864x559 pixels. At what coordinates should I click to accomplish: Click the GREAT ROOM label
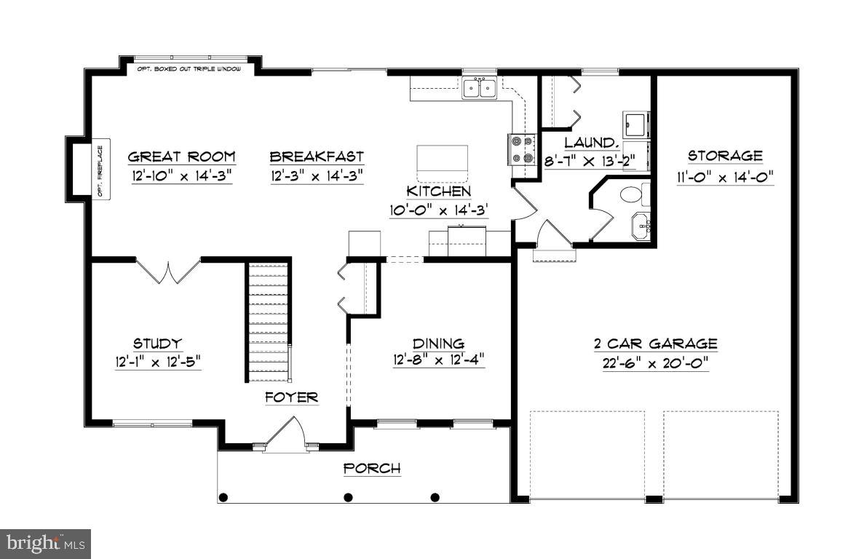tap(182, 157)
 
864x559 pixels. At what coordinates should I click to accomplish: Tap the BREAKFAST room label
tap(317, 157)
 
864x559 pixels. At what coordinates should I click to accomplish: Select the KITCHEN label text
tap(439, 191)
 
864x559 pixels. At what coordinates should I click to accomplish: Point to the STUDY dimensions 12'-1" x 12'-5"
tap(158, 362)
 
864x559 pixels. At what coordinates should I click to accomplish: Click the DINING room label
tap(439, 344)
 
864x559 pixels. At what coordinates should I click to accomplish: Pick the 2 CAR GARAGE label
tap(655, 344)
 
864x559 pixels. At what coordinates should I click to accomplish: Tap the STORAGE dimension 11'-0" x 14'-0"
tap(725, 178)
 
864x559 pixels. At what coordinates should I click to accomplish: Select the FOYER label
tap(291, 397)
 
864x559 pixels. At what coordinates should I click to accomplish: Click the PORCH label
tap(372, 469)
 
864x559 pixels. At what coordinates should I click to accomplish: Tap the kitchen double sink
tap(480, 88)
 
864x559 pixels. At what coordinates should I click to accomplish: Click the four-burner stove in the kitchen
tap(522, 149)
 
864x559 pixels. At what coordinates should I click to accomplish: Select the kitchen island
tap(442, 163)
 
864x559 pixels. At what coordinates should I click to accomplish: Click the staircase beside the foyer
tap(268, 322)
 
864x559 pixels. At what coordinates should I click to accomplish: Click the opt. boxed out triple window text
tap(189, 69)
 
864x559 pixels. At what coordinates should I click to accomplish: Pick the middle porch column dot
tap(348, 497)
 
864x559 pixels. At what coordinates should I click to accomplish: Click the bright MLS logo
tap(45, 544)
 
